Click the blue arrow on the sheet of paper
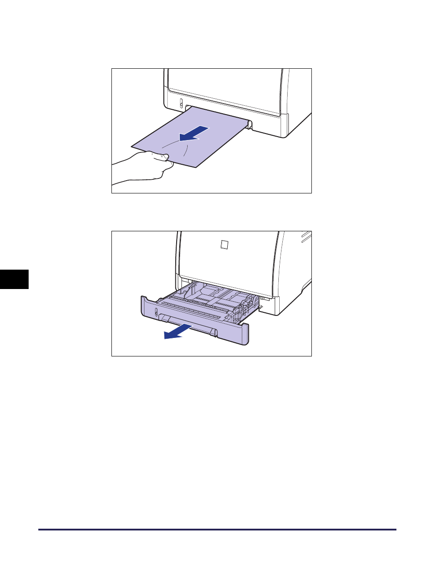194,133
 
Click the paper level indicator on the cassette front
155,313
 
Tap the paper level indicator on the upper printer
181,104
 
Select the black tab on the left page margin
14,279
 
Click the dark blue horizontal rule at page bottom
217,530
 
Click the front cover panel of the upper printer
225,88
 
